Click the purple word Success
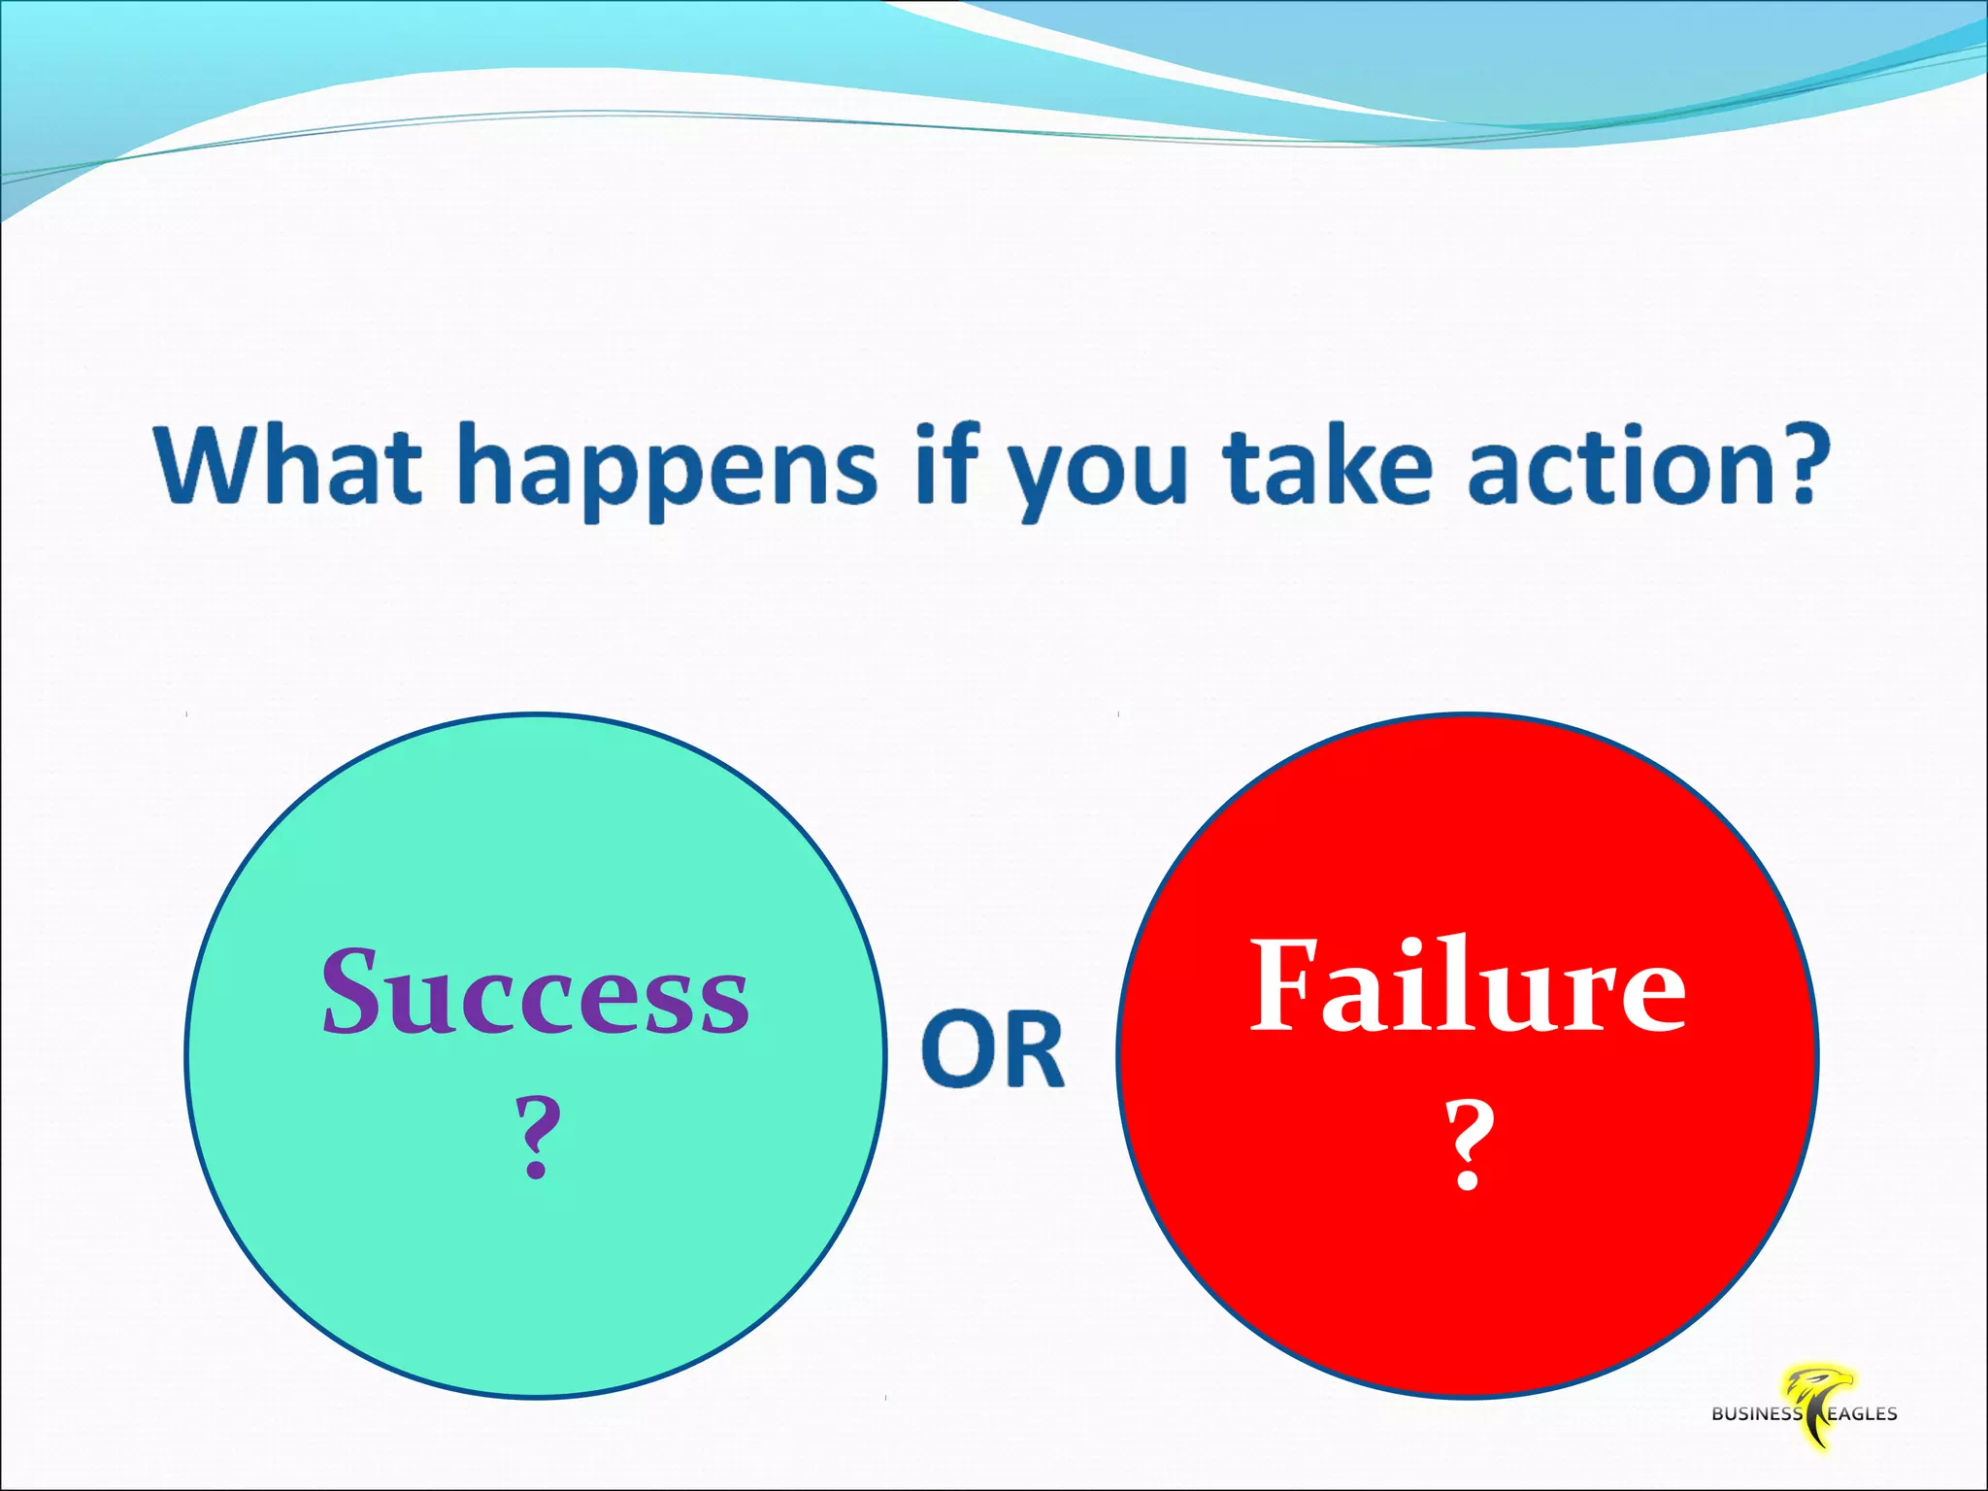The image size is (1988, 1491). coord(535,992)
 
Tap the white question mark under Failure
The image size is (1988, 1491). coord(1468,1145)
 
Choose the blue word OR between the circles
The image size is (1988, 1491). coord(992,1048)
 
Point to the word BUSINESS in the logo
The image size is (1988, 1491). coord(1756,1414)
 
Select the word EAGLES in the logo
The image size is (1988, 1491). coord(1861,1414)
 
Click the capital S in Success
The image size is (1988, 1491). coord(350,990)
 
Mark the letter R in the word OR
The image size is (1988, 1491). coord(1033,1048)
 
